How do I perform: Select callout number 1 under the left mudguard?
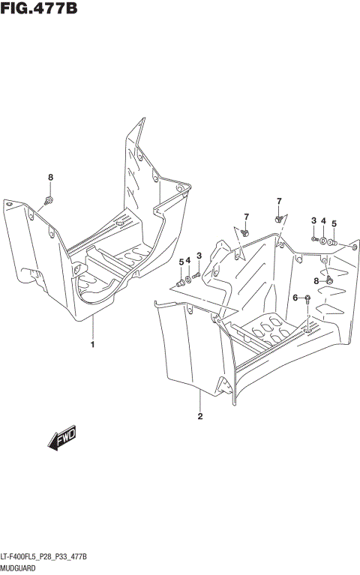point(92,345)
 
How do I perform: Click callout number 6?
point(295,298)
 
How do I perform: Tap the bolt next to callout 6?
point(307,298)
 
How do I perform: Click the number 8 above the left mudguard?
point(51,178)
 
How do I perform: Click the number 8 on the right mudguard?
point(316,280)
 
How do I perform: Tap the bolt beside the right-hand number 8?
point(328,280)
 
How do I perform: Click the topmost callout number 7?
point(278,201)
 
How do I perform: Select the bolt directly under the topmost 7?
point(279,218)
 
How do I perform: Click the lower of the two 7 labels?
point(245,217)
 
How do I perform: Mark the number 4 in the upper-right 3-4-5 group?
point(323,221)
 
